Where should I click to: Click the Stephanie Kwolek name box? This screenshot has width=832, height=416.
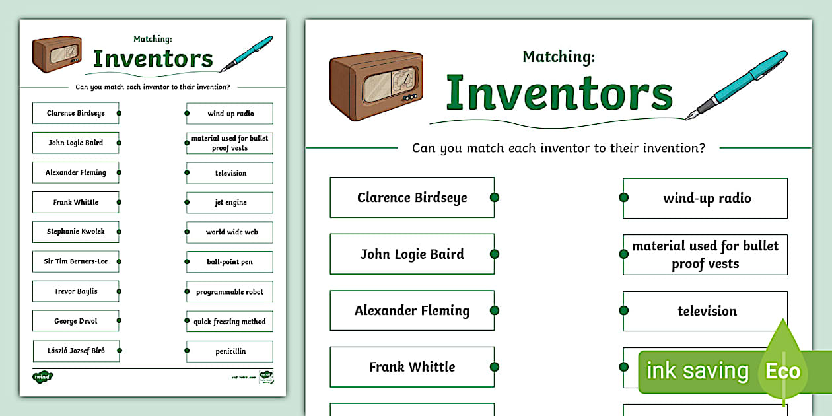point(75,232)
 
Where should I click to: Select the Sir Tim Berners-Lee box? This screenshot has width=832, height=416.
point(75,261)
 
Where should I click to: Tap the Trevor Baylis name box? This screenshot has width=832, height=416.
point(75,291)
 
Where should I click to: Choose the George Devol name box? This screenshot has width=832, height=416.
point(75,321)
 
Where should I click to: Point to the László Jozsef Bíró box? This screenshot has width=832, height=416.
point(75,351)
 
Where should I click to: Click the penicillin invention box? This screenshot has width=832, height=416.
point(230,351)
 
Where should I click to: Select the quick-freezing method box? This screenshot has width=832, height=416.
point(230,322)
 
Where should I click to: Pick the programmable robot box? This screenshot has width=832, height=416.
point(230,292)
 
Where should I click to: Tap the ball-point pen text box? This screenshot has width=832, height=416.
point(230,262)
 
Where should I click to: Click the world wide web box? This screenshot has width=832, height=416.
point(230,232)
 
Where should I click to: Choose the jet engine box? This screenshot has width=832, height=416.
point(230,203)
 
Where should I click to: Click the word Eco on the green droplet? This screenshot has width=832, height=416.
point(782,371)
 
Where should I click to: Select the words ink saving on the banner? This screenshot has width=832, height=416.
point(697,371)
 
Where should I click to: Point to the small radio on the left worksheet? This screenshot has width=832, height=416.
point(57,53)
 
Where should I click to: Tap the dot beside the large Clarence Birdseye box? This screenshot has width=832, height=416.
point(495,197)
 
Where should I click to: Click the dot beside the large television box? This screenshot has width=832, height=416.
point(623,311)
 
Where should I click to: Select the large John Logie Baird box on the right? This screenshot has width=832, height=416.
point(412,254)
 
